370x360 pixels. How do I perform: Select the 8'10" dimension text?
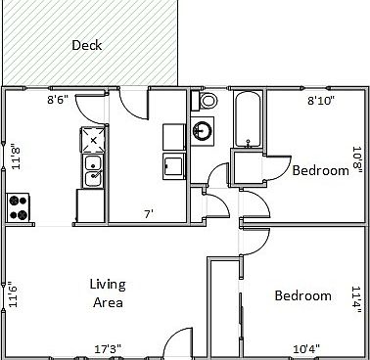[x=322, y=99]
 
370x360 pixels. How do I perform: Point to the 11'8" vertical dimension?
[x=15, y=157]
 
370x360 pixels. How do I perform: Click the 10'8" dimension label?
[x=357, y=157]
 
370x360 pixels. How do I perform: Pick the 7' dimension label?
[x=149, y=214]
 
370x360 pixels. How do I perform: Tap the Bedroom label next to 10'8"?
[x=320, y=170]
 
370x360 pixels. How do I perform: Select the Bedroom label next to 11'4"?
[x=302, y=295]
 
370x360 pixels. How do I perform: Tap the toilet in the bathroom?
[x=208, y=101]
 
